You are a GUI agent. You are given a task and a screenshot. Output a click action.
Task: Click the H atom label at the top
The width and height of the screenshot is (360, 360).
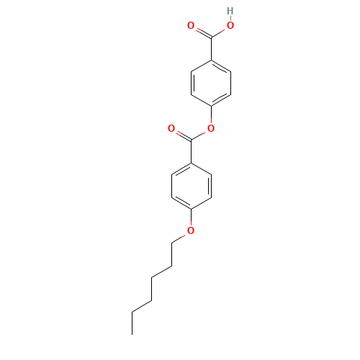[230, 11]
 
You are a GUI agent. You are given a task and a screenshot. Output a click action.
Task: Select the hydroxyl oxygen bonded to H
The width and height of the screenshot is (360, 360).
[230, 25]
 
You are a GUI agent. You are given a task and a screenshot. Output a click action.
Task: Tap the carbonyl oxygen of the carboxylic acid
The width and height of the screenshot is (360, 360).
[191, 25]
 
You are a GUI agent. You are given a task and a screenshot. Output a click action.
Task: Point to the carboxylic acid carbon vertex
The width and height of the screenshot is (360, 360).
[210, 37]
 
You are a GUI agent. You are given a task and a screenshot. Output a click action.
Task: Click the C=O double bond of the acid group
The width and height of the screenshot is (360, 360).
[201, 31]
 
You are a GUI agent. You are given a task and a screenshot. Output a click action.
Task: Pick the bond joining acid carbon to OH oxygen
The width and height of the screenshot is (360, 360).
[220, 31]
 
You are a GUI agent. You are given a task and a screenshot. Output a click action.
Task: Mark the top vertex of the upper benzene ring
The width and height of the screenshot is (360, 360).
[210, 59]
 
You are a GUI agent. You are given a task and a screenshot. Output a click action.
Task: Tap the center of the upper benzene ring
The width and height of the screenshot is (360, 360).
[210, 82]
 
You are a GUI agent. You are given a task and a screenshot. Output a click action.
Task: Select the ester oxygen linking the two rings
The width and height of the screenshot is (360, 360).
[210, 128]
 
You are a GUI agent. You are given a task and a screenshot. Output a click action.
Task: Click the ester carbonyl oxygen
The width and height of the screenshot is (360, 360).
[171, 128]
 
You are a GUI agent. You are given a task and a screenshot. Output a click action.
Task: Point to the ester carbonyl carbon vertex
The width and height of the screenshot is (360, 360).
[191, 139]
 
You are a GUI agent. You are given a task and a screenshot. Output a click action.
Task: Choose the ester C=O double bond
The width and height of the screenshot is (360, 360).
[181, 134]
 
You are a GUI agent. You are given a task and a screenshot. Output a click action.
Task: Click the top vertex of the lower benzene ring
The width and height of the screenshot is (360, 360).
[191, 162]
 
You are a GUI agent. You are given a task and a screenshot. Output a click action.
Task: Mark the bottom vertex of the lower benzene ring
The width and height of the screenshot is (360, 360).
[191, 208]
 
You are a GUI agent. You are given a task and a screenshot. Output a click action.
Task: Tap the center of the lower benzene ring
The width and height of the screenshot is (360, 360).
[191, 185]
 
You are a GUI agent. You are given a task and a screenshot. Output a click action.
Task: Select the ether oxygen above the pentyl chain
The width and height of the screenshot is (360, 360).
[191, 230]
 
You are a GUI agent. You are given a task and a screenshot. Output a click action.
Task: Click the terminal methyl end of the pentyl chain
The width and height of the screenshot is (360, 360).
[133, 311]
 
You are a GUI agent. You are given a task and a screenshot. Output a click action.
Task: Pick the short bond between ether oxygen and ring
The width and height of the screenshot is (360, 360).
[191, 219]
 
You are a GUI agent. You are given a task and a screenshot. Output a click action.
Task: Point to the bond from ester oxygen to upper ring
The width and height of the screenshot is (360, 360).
[210, 117]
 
